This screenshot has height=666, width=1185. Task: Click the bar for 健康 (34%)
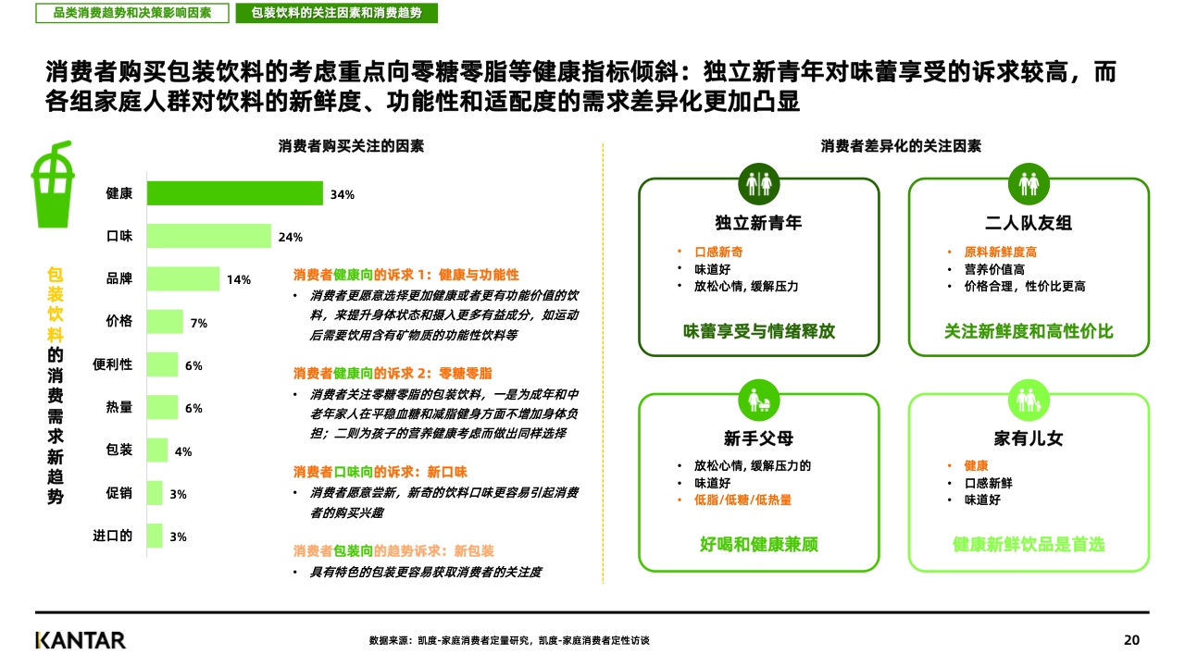(235, 193)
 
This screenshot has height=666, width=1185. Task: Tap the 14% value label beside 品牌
(239, 279)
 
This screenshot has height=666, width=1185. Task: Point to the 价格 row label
(119, 321)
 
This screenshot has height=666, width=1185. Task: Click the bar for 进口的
(155, 536)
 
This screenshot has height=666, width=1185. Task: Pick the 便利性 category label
(113, 364)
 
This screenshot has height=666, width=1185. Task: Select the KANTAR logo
(81, 640)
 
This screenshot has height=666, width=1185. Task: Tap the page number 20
(1131, 640)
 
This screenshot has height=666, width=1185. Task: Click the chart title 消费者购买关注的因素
(351, 146)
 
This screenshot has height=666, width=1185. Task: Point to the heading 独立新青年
(758, 223)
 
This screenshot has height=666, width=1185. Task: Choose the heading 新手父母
(758, 438)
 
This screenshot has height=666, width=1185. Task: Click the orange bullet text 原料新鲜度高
(1000, 252)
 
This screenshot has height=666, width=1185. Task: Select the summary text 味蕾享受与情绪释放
(758, 330)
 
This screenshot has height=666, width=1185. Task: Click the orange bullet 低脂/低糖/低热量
(742, 499)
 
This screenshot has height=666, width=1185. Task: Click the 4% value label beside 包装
(183, 451)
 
